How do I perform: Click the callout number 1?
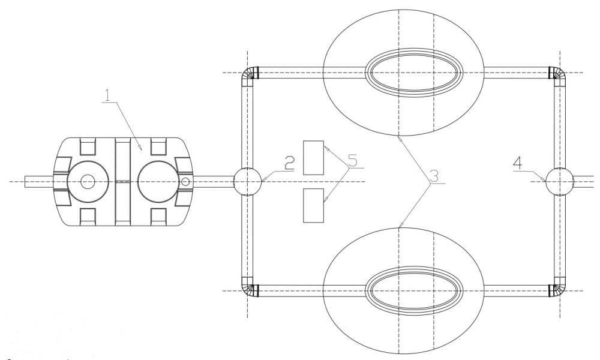coord(107,95)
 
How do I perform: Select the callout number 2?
coord(289,163)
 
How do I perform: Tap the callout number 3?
coord(434,176)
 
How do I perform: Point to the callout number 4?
coord(517,164)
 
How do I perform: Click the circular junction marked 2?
coord(247,181)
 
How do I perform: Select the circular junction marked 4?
coord(559,181)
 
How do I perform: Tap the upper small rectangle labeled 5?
coord(313,158)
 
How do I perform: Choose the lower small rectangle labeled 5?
coord(313,205)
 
